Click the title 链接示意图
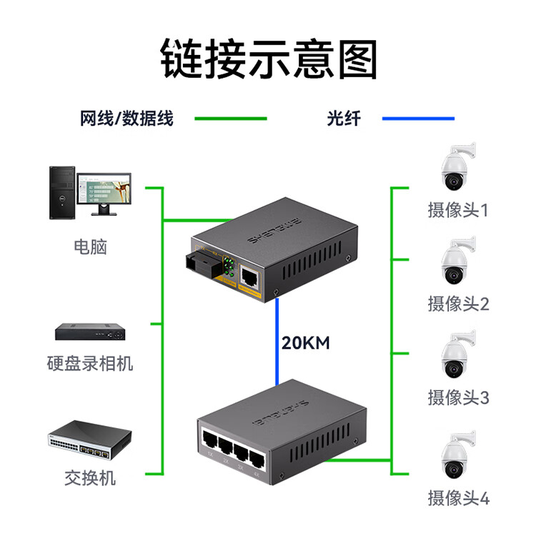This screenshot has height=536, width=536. (x=268, y=59)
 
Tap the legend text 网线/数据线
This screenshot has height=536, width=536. (x=126, y=119)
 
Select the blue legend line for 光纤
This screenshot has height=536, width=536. (x=418, y=119)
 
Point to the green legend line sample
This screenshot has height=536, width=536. (x=231, y=119)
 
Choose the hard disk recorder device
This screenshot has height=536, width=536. (x=90, y=332)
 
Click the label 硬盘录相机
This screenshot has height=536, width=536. (x=90, y=363)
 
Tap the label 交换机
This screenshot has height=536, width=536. (x=90, y=478)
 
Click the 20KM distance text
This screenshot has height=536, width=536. (x=305, y=343)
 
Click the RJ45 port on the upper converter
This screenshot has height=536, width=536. (x=251, y=275)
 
